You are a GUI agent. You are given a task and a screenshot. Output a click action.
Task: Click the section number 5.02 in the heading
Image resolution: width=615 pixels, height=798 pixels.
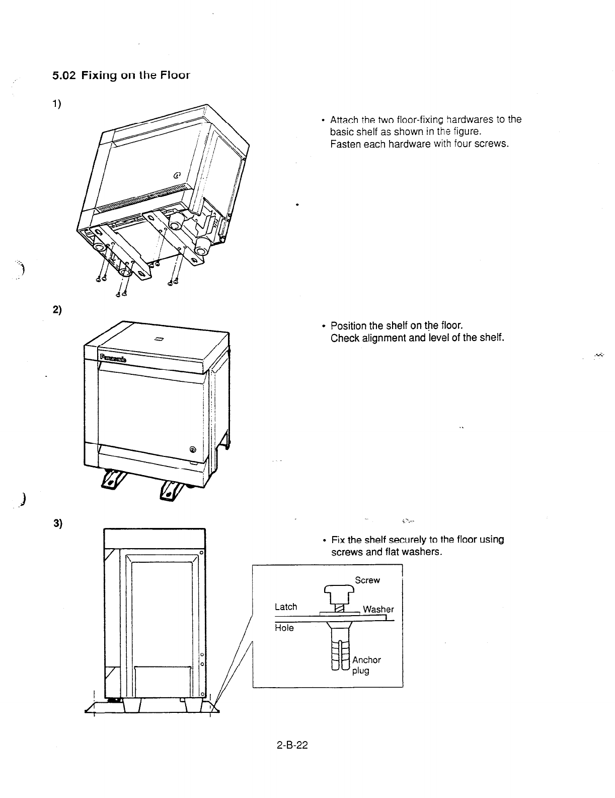64,76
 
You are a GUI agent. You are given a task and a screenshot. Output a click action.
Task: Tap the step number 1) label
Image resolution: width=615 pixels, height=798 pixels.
56,104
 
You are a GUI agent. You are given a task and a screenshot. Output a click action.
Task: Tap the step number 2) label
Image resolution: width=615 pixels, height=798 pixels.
56,310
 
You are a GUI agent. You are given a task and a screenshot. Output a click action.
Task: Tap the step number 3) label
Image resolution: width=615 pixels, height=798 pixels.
56,522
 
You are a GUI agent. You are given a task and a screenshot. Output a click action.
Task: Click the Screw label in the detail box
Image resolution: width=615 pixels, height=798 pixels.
367,580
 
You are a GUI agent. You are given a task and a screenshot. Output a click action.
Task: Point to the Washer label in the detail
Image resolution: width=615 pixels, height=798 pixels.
378,609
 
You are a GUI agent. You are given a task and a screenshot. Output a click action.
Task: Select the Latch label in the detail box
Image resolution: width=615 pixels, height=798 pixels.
286,607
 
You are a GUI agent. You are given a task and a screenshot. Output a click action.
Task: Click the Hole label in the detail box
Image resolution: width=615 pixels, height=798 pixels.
284,628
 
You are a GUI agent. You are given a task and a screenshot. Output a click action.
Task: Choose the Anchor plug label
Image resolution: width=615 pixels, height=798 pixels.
366,665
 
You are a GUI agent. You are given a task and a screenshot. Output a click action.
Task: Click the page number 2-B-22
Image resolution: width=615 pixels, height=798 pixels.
292,745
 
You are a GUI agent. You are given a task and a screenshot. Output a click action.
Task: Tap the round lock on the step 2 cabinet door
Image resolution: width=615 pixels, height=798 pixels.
193,450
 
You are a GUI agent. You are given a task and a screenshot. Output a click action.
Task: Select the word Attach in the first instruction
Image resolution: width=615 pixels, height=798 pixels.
344,120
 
